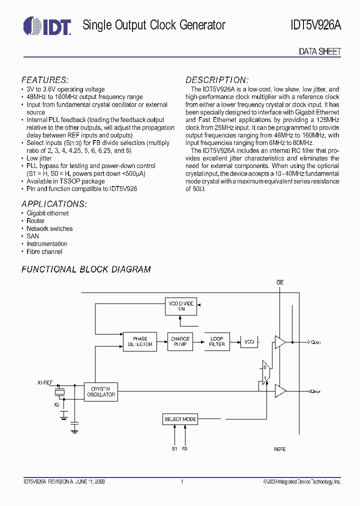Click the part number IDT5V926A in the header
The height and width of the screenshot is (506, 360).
pyautogui.click(x=315, y=25)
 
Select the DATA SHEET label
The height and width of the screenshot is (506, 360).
pyautogui.click(x=319, y=51)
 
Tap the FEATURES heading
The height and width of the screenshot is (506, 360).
pyautogui.click(x=45, y=80)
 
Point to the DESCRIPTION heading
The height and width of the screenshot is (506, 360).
pyautogui.click(x=217, y=80)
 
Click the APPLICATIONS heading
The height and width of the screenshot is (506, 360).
pyautogui.click(x=54, y=204)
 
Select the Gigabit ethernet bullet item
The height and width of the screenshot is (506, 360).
pyautogui.click(x=47, y=213)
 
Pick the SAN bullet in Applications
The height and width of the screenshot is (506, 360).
pyautogui.click(x=32, y=236)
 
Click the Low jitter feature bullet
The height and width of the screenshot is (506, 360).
pyautogui.click(x=39, y=158)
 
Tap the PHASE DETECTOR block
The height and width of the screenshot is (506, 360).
pyautogui.click(x=140, y=341)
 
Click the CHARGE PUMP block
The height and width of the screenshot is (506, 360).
pyautogui.click(x=180, y=341)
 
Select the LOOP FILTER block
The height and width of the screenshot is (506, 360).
pyautogui.click(x=217, y=341)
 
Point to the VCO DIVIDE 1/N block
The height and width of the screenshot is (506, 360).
pyautogui.click(x=181, y=306)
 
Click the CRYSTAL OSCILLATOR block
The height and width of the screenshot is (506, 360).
pyautogui.click(x=101, y=391)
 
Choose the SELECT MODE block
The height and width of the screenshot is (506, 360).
pyautogui.click(x=180, y=419)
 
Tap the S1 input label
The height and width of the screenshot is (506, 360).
pyautogui.click(x=174, y=449)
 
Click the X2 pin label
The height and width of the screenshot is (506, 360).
pyautogui.click(x=56, y=404)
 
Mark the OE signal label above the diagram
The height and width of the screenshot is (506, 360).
pyautogui.click(x=280, y=283)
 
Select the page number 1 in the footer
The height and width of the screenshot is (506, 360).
pyautogui.click(x=182, y=481)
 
